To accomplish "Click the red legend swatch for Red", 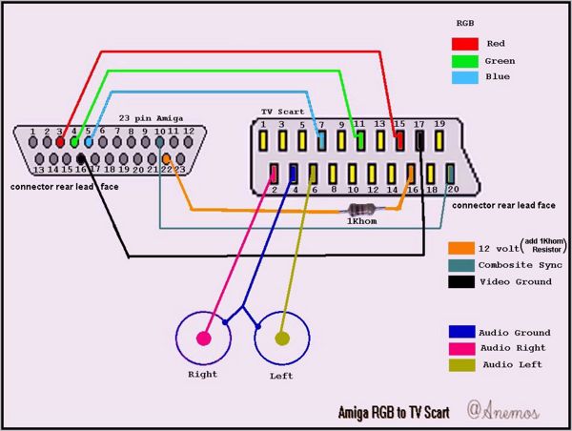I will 463,43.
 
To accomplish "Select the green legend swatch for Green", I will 463,61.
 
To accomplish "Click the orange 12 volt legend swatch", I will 461,247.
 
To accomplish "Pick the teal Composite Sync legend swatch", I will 461,264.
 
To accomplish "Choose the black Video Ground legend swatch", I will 461,281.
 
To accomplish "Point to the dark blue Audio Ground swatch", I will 461,332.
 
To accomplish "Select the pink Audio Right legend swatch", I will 461,348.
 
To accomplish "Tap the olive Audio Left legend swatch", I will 461,364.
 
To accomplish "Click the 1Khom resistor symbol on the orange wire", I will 361,209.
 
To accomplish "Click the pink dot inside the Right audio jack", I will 203,338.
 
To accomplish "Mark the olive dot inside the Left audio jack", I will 282,338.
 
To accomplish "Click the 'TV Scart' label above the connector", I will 283,113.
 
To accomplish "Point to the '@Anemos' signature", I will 503,410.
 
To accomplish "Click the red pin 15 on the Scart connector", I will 399,141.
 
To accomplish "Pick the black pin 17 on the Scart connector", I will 419,141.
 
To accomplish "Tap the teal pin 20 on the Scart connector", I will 450,174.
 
